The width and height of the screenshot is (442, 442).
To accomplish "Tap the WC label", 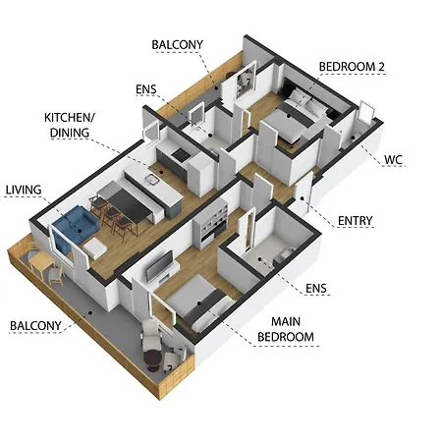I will (x=393, y=157).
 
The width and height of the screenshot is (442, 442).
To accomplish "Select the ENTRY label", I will (x=355, y=220).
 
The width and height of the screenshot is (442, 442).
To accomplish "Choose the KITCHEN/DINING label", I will (x=69, y=124).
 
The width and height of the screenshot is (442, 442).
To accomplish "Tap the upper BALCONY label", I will (x=178, y=44).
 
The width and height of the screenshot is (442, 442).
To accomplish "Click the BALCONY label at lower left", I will (x=36, y=325).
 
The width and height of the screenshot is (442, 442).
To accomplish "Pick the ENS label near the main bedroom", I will (x=316, y=289).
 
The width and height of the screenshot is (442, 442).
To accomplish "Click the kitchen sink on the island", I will (x=149, y=180).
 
